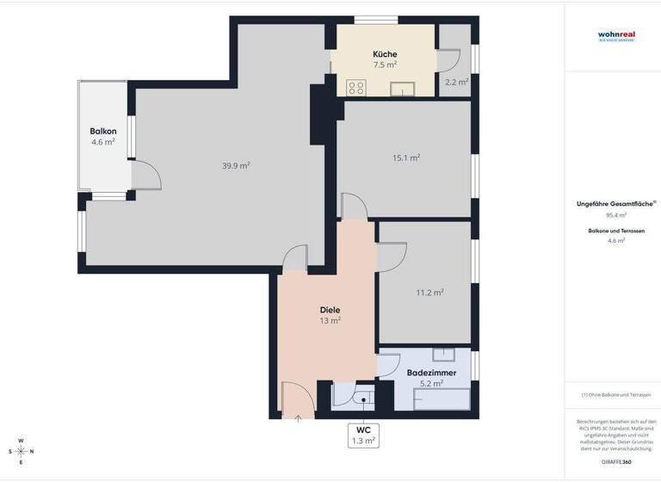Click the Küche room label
(385, 53)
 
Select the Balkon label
(103, 131)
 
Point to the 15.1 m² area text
(406, 158)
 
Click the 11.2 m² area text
(429, 292)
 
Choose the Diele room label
(330, 309)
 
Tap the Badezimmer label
(425, 373)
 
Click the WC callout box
(363, 435)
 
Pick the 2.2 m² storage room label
(456, 83)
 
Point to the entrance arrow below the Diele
(299, 419)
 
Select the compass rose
(22, 451)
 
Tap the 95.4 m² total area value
(616, 215)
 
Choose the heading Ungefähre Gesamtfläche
(615, 204)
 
